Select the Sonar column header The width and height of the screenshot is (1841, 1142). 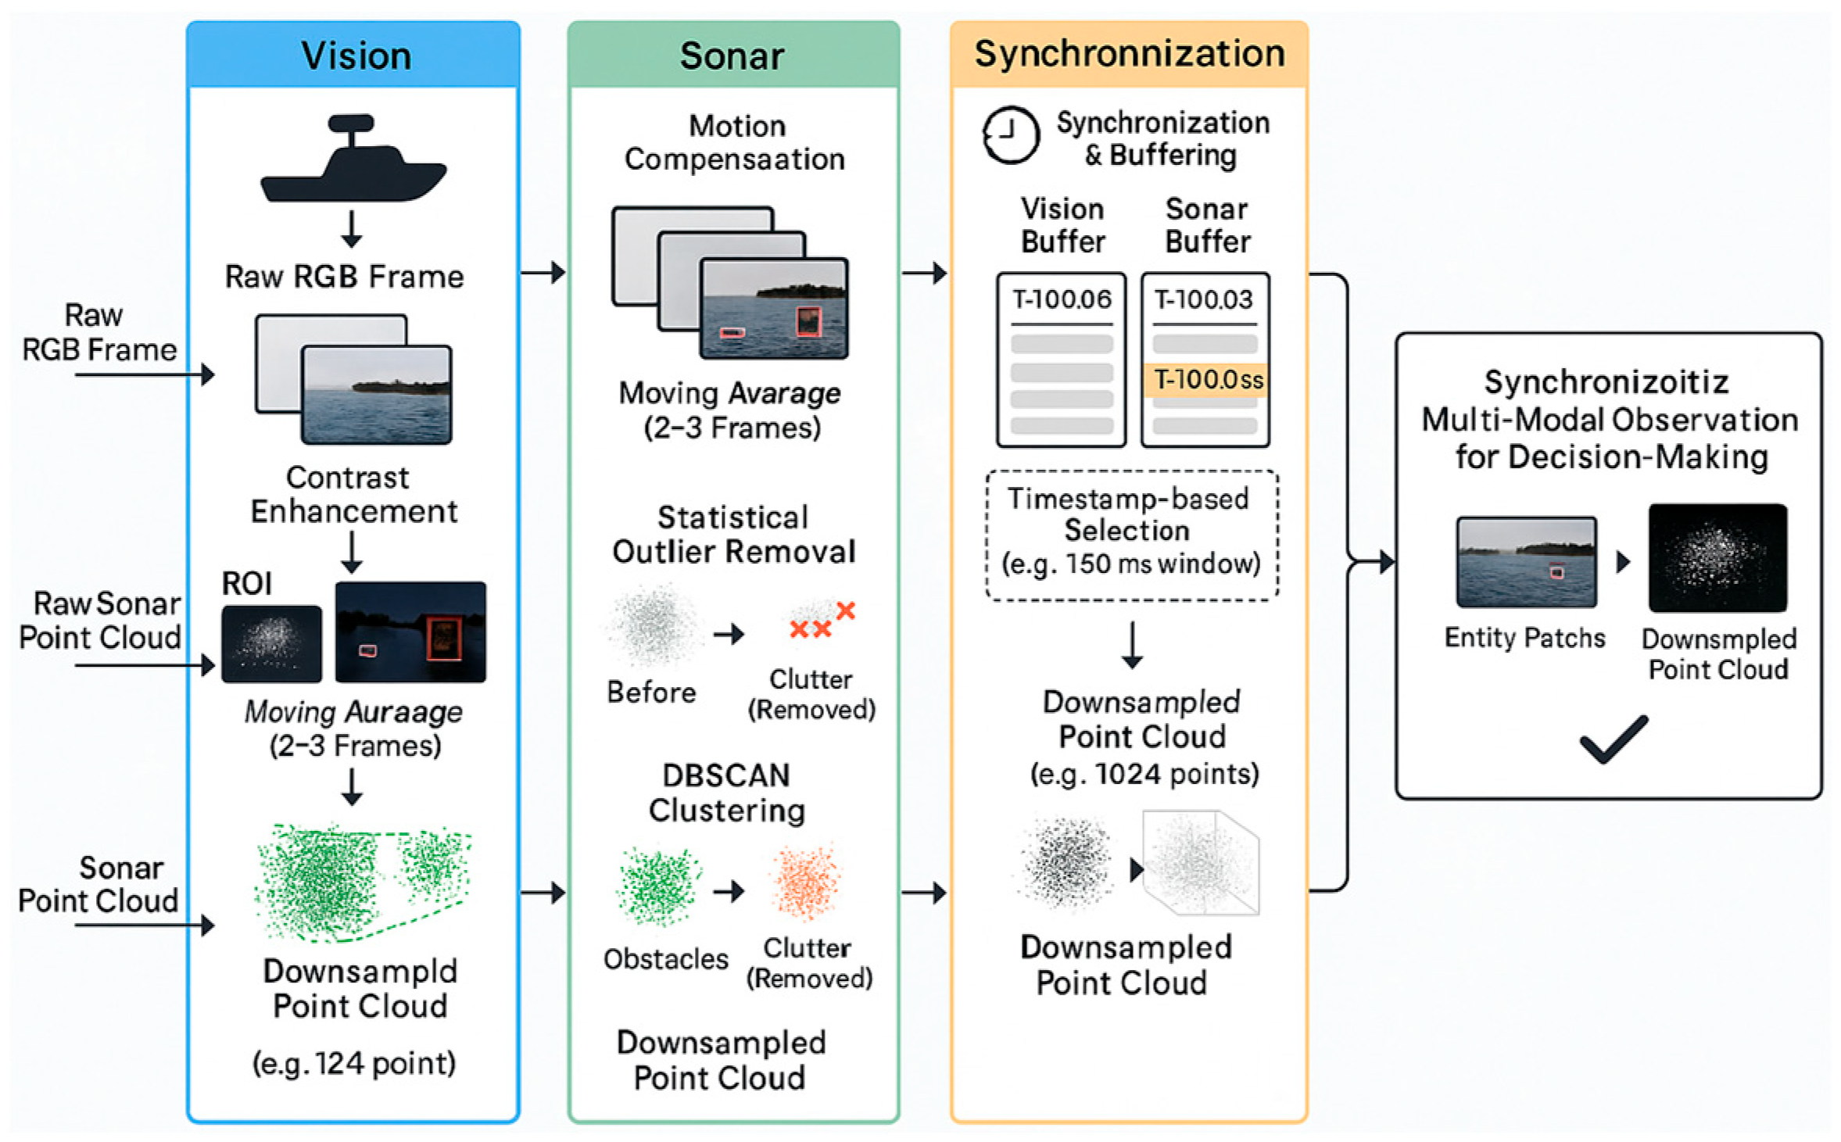733,55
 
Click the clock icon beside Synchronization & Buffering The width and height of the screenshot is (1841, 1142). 1011,134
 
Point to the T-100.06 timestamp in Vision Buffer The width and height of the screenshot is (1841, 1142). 1062,299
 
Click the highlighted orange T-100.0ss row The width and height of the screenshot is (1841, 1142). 1206,380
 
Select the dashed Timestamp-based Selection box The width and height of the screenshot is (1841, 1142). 1132,535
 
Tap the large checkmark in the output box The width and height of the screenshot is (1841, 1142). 1613,739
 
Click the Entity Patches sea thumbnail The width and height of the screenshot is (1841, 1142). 1526,561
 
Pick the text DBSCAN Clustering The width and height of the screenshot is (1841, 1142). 726,793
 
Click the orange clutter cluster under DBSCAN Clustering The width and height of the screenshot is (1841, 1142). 805,882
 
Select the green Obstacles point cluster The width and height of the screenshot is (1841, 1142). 659,886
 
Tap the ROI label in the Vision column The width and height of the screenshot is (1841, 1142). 247,583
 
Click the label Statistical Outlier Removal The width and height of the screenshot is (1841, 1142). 733,535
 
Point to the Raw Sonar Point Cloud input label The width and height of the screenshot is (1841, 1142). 100,621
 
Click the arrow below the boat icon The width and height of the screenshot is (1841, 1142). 352,229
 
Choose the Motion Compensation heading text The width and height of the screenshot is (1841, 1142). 735,142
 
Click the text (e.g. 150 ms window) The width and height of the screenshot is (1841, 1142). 1131,564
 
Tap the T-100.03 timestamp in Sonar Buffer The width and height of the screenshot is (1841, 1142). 1204,299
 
